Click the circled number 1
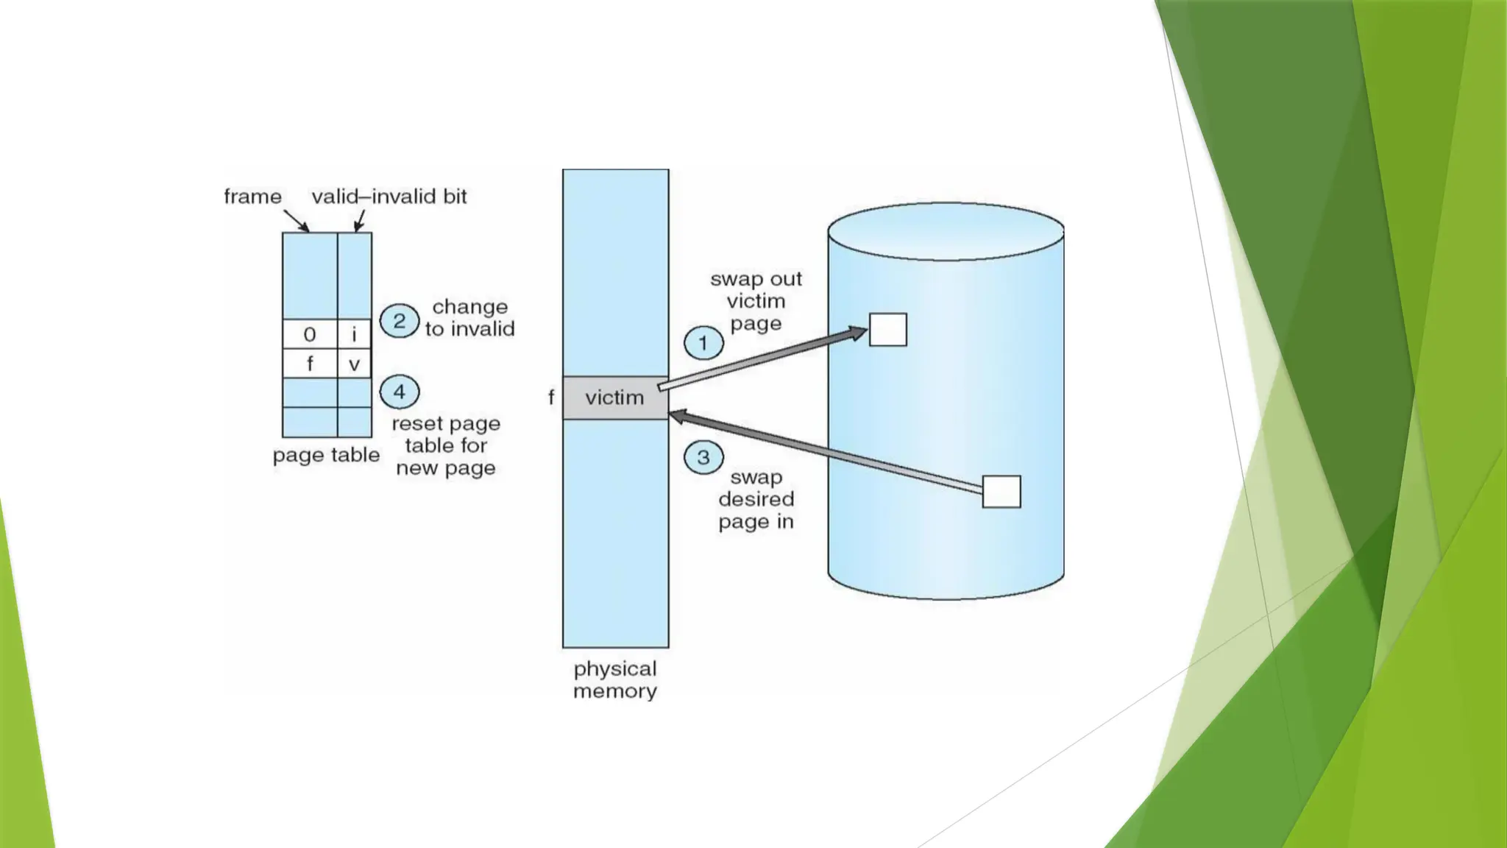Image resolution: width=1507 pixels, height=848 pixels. tap(703, 343)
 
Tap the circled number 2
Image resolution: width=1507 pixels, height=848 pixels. tap(400, 321)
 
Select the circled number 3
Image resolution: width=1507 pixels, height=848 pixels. tap(703, 457)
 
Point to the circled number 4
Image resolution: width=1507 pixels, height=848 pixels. tap(400, 392)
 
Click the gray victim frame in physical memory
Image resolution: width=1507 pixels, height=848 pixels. tap(615, 398)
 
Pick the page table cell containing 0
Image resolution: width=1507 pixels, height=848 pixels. tap(310, 334)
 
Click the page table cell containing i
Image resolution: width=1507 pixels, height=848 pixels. tap(355, 334)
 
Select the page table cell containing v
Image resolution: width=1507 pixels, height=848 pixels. tap(355, 364)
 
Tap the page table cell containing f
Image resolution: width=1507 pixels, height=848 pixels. tap(310, 364)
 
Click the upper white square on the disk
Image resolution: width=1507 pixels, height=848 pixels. tap(888, 329)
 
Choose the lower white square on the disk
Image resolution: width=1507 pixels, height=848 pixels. tap(1001, 491)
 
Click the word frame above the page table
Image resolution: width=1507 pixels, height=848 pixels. tap(252, 197)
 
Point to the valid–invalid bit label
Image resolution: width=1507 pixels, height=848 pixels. tap(389, 197)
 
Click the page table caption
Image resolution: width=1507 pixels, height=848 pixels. tap(326, 455)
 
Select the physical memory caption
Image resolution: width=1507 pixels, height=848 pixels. tap(615, 679)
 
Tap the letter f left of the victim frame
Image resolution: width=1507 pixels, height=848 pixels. tap(551, 397)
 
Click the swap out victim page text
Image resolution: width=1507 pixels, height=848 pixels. tap(756, 301)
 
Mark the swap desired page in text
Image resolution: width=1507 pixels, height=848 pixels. tap(756, 499)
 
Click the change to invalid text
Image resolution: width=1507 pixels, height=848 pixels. tap(469, 317)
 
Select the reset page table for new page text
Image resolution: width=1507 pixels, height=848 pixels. tap(446, 445)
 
